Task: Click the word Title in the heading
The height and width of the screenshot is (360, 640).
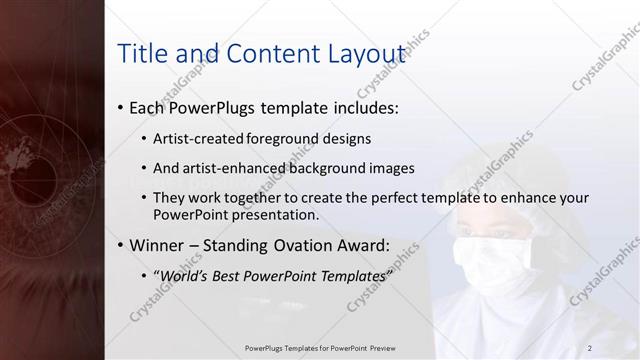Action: click(141, 54)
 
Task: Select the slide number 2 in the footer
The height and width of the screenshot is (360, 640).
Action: click(590, 348)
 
